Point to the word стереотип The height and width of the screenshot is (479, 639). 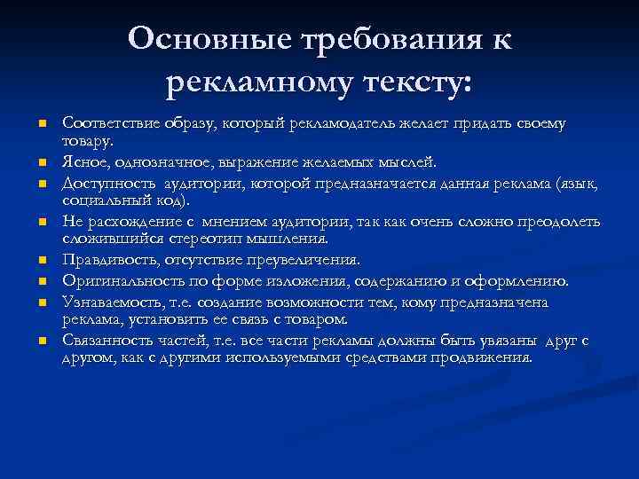point(202,238)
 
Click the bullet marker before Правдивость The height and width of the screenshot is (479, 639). point(41,261)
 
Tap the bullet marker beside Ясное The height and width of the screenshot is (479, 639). point(41,163)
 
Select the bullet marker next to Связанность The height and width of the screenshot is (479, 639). point(41,342)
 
